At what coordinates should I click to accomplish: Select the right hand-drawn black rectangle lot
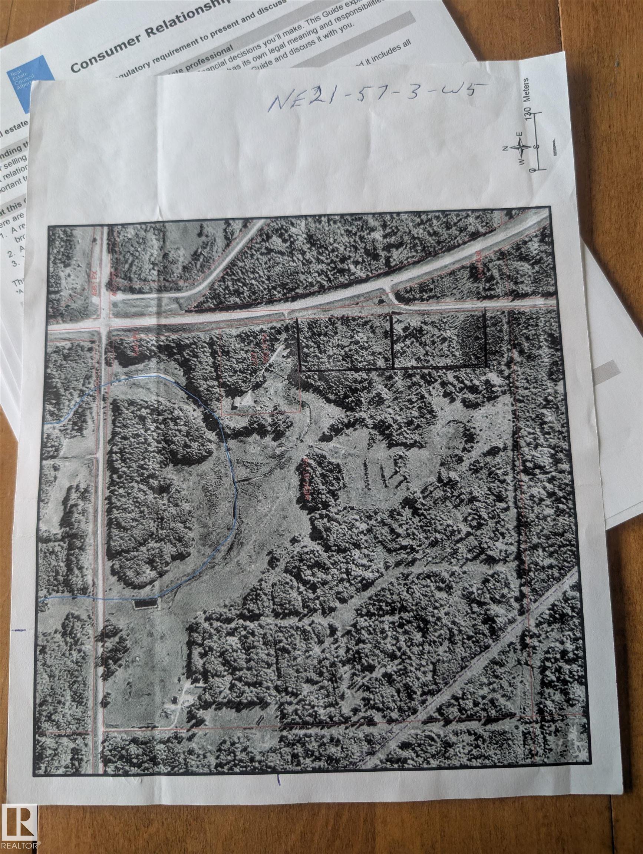click(x=439, y=341)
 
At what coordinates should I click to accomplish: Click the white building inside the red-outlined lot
click(x=243, y=401)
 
